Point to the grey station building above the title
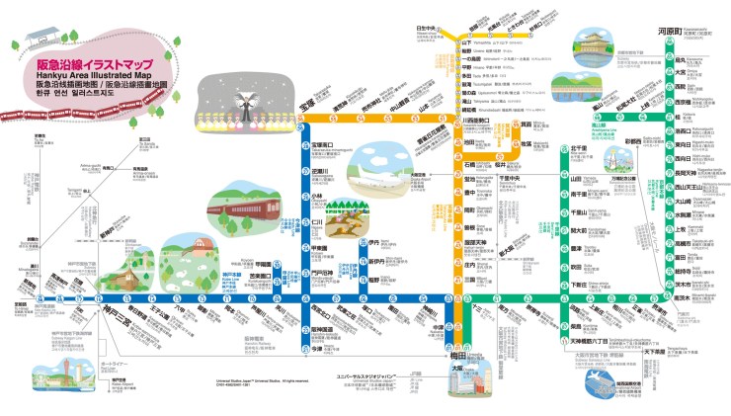[x=40, y=40]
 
